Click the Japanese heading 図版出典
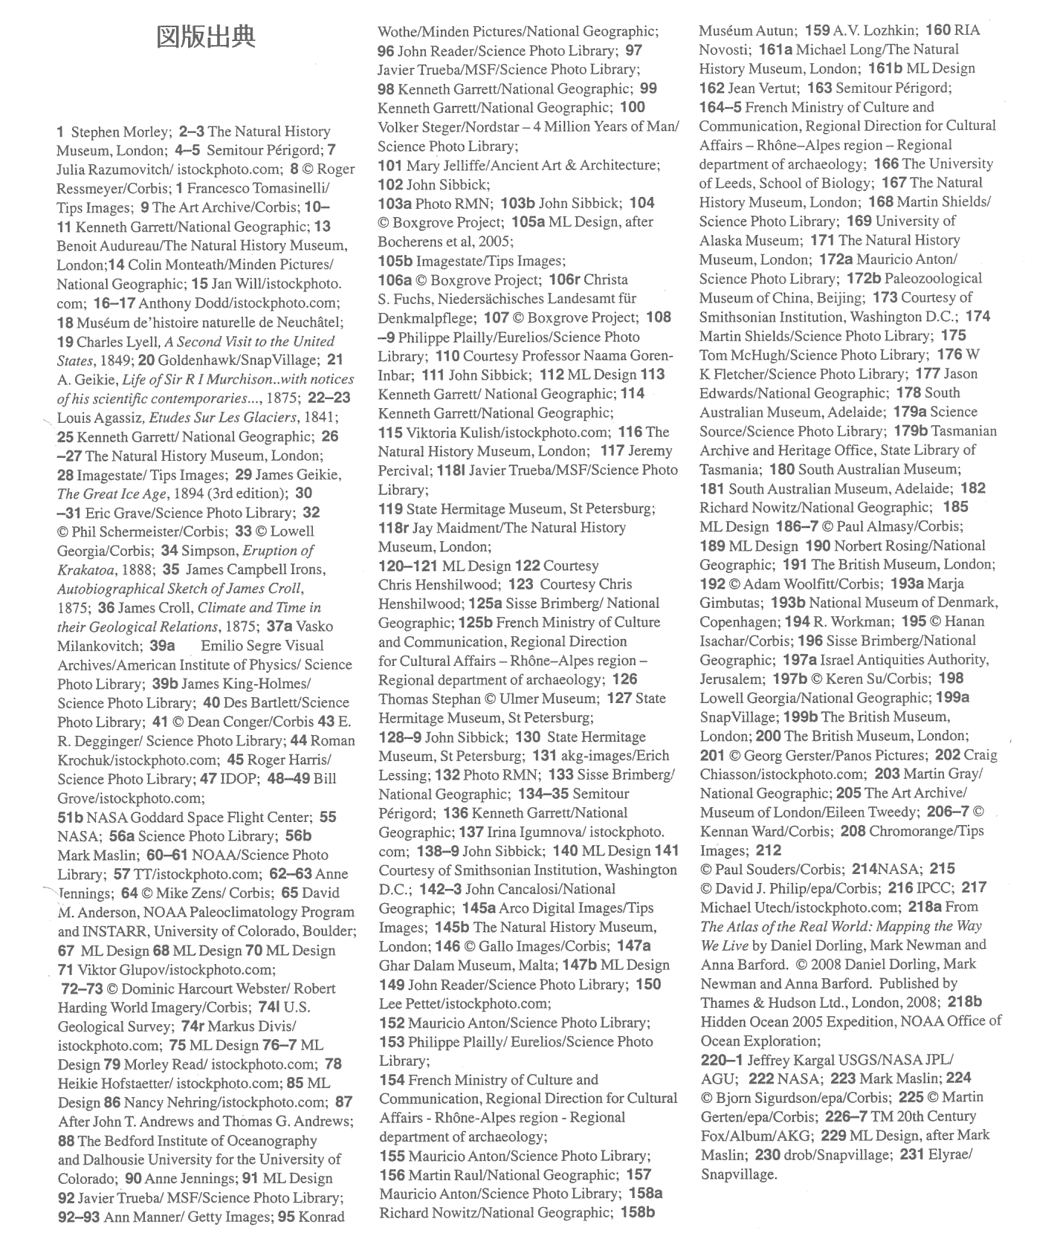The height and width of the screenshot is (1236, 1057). (205, 36)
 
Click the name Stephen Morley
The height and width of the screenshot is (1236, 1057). (120, 132)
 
